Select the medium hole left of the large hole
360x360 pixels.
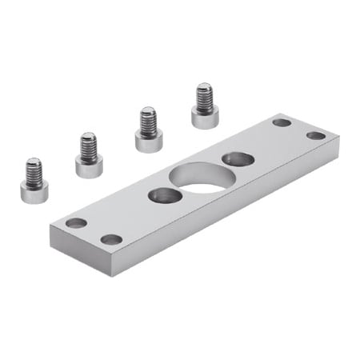[x=163, y=194]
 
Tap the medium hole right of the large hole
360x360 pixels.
[x=238, y=159]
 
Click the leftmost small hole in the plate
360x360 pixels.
[x=76, y=222]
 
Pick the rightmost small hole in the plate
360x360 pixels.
[x=316, y=135]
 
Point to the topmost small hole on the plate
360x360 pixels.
[x=281, y=122]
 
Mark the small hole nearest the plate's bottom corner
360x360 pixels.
[x=111, y=239]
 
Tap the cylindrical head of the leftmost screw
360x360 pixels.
[x=34, y=191]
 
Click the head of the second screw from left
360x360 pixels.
[x=89, y=166]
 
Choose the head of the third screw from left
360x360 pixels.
[x=148, y=142]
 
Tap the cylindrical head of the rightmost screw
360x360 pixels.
[x=205, y=118]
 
